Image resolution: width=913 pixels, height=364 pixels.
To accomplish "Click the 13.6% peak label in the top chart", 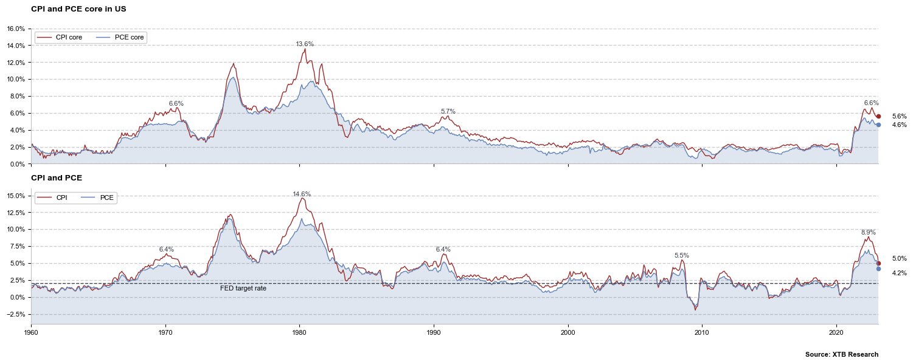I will pos(305,44).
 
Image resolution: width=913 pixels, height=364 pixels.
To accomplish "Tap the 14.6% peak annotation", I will pos(302,194).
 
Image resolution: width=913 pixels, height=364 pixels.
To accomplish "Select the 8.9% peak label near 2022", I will pos(868,233).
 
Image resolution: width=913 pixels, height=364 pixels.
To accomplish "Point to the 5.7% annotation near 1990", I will pos(448,111).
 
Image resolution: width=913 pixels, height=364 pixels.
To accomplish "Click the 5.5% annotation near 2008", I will pos(681,256).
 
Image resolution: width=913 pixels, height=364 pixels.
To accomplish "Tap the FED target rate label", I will pos(243,288).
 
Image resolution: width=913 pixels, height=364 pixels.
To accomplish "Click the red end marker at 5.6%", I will pos(878,116).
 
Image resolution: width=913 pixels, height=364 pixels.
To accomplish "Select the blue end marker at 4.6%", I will pos(878,125).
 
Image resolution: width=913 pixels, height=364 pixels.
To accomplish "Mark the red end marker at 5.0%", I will pos(878,264).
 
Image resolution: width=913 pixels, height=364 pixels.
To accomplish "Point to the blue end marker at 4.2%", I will pos(878,269).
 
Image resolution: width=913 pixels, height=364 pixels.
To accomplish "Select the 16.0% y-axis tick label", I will pos(16,29).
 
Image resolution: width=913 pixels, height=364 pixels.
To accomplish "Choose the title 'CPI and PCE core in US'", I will pos(78,9).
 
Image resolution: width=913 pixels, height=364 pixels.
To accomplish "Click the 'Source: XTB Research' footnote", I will pos(841,354).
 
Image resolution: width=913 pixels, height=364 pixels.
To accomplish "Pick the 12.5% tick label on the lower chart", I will pos(16,213).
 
